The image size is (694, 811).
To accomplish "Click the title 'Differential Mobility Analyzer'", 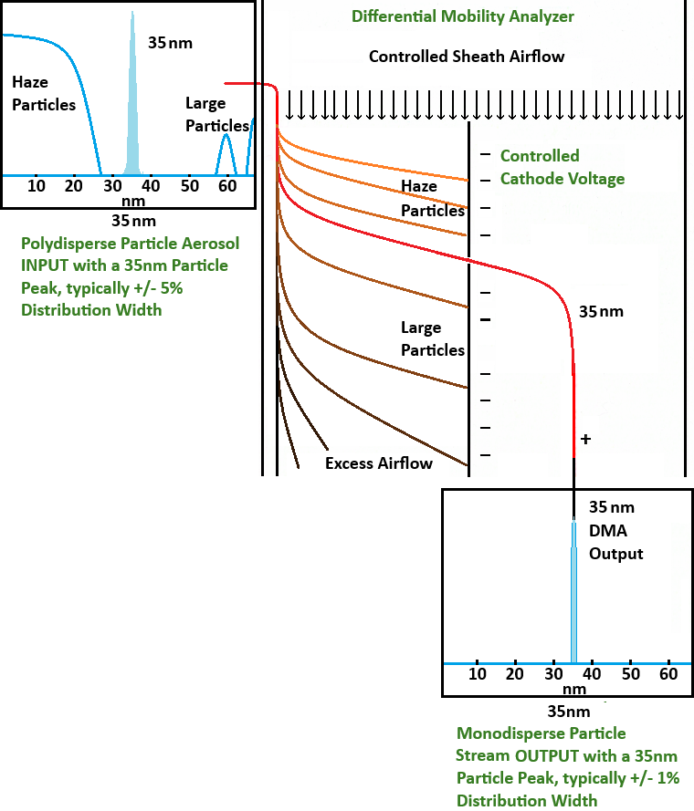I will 463,16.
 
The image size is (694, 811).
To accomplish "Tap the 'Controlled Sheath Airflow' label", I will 467,57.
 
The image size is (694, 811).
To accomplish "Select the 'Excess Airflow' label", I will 379,463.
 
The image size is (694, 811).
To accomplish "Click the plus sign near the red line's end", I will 585,440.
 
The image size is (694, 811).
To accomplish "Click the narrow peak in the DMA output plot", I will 574,593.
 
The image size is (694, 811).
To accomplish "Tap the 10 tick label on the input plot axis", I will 37,187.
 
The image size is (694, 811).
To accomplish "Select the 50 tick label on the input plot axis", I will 190,187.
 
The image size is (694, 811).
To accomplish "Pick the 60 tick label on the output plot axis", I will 668,674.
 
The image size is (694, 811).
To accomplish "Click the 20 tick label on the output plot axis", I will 515,674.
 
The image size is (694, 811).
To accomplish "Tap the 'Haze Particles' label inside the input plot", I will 44,94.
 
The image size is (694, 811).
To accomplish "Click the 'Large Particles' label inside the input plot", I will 217,115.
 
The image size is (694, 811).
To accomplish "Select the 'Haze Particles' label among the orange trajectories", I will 433,199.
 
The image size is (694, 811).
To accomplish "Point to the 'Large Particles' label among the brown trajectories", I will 433,338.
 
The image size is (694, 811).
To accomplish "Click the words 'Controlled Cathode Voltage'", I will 563,167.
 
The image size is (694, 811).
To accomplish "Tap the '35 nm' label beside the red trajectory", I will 601,311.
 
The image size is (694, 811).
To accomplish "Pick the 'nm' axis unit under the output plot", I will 573,689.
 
